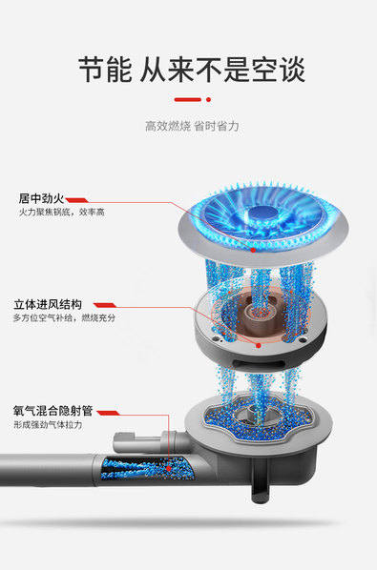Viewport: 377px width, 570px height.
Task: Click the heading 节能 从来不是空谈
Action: (x=192, y=70)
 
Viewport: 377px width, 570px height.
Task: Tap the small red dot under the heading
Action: (x=208, y=99)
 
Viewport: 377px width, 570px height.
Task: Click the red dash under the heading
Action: (x=188, y=99)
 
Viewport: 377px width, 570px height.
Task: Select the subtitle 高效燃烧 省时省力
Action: (x=192, y=126)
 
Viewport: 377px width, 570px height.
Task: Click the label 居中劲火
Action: (x=41, y=198)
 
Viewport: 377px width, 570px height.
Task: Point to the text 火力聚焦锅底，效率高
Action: (x=62, y=212)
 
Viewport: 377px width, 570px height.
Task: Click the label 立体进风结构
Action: (x=48, y=304)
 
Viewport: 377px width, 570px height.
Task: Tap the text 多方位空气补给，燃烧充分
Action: (x=64, y=318)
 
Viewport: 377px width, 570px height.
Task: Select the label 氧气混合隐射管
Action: (x=53, y=411)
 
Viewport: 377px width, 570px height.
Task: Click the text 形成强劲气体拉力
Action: (x=48, y=424)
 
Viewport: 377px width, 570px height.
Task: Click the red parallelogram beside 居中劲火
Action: (x=77, y=200)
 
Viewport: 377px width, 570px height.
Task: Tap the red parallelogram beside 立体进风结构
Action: (x=105, y=305)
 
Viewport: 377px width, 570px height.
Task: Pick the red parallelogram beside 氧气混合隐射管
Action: (x=108, y=413)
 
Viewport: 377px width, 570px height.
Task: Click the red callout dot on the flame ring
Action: (x=253, y=250)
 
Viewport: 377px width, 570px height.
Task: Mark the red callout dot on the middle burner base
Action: (x=259, y=345)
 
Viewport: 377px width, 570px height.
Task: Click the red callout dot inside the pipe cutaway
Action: (x=169, y=469)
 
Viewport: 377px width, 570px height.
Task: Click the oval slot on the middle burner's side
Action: (x=260, y=363)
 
